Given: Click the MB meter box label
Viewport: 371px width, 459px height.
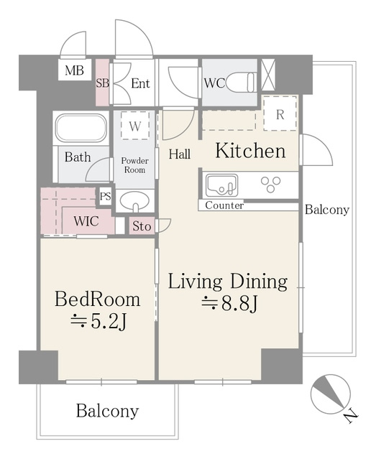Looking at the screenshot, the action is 74,70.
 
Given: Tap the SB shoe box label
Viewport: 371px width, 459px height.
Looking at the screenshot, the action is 103,83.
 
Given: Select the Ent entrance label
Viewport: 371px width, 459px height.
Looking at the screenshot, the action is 140,84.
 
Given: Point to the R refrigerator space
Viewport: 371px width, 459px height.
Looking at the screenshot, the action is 280,113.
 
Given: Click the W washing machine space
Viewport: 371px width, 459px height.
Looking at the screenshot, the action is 135,126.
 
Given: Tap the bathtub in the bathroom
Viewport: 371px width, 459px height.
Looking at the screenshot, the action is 81,128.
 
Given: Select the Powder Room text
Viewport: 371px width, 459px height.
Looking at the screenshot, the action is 134,165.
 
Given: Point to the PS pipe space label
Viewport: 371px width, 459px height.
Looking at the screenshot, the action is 106,196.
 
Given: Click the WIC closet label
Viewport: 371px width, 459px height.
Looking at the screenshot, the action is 86,221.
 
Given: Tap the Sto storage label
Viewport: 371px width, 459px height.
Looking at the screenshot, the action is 142,226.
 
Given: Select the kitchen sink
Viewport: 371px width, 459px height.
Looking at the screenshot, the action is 222,185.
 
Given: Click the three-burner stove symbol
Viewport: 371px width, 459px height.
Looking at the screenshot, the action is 271,185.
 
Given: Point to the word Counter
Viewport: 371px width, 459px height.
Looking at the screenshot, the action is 224,205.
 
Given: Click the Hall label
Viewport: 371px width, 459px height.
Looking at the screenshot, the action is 179,154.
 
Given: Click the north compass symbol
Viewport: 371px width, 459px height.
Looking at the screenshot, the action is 331,394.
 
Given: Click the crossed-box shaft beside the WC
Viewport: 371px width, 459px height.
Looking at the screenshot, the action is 268,75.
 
